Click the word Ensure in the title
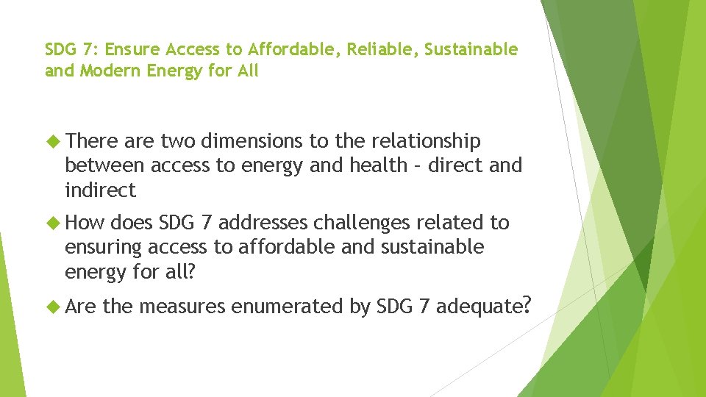tap(136, 50)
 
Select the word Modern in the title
tap(105, 72)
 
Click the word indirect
tap(101, 190)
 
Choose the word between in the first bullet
tap(101, 165)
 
